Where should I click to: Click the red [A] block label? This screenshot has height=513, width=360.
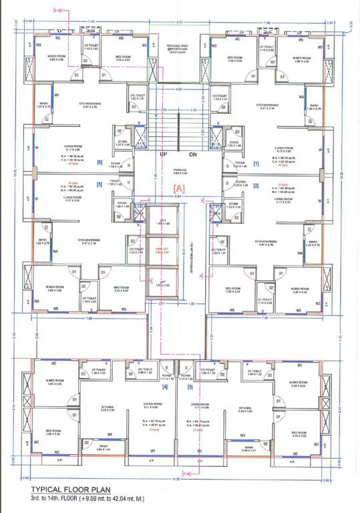click(178, 189)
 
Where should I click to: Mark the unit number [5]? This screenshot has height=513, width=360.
click(100, 185)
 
